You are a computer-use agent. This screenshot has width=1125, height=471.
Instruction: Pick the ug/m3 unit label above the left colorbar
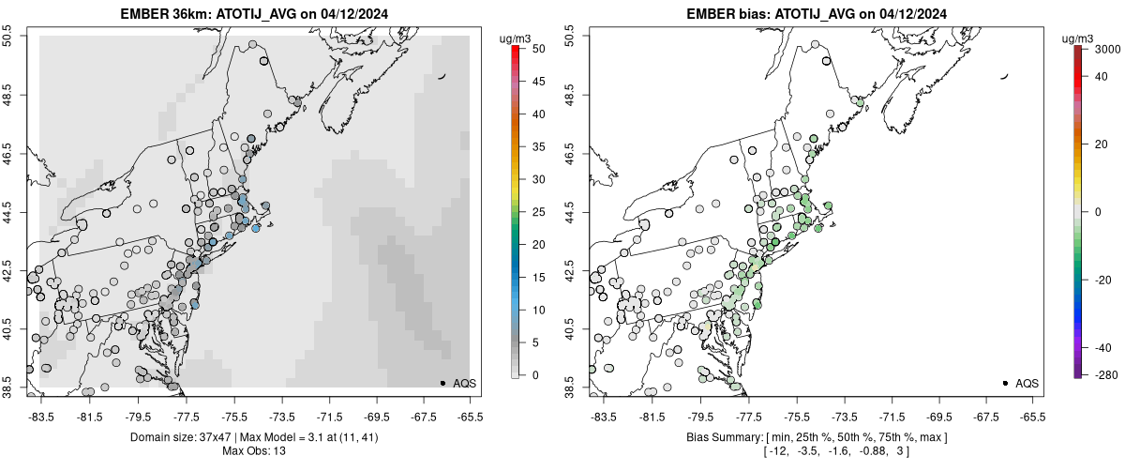click(x=516, y=38)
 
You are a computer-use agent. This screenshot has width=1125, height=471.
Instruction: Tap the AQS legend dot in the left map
click(x=442, y=383)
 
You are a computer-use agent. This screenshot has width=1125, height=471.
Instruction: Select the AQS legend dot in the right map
click(x=1005, y=383)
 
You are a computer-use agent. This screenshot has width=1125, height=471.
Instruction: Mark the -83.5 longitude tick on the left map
click(x=41, y=416)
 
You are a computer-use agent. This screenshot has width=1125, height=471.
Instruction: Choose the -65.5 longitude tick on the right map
click(x=1032, y=416)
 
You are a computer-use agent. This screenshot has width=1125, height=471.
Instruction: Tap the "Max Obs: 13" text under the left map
click(x=253, y=451)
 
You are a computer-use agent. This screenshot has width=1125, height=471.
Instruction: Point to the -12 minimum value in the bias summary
click(x=776, y=452)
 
